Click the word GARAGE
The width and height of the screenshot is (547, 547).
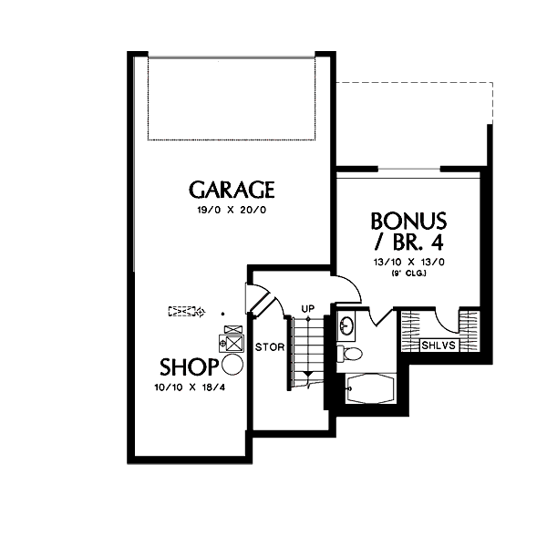pos(232,190)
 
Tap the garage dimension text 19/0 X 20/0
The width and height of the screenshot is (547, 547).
pos(232,210)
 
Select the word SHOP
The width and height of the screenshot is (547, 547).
pos(188,367)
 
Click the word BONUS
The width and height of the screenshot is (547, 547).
pos(408,221)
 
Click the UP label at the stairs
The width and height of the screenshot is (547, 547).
pos(308,309)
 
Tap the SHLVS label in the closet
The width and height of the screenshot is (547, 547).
pos(438,346)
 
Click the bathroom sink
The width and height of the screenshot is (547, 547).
pos(347,324)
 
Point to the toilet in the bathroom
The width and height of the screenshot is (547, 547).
pos(350,353)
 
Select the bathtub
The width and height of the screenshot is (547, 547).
pos(371,389)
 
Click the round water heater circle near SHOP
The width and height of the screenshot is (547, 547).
pos(232,366)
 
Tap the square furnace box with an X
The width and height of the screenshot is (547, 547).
pos(233,344)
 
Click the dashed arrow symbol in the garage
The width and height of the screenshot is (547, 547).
pos(186,311)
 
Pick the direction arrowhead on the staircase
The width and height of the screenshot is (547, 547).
pos(308,373)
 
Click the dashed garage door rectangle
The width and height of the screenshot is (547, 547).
pos(232,98)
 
